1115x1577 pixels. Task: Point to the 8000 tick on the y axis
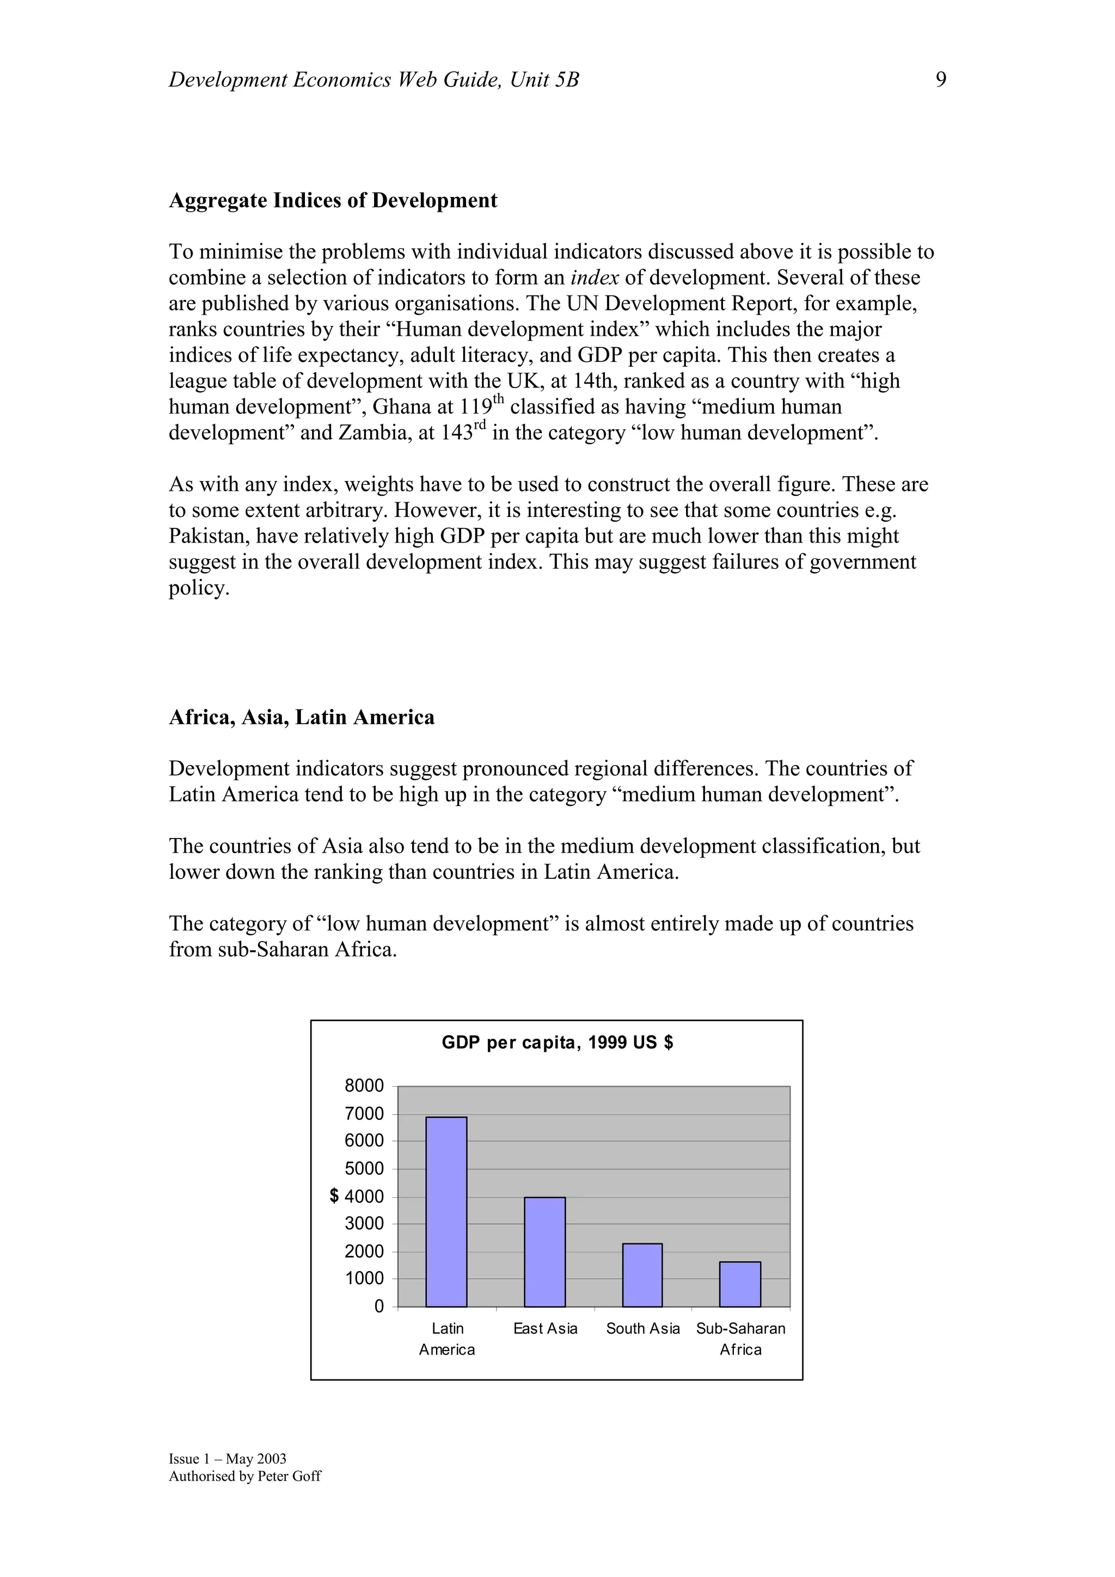click(364, 1086)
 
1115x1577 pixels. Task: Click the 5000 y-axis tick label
click(364, 1168)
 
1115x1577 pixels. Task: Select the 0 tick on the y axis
click(378, 1307)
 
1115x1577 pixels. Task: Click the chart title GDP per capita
click(557, 1043)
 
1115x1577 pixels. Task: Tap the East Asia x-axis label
click(546, 1329)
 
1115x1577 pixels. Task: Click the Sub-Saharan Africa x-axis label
click(740, 1339)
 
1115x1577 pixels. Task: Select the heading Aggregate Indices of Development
click(333, 201)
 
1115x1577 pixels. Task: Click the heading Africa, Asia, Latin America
click(302, 718)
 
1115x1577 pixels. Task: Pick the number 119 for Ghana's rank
click(475, 407)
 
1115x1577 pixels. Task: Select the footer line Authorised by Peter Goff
click(244, 1476)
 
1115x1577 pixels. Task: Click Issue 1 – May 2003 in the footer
click(228, 1459)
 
